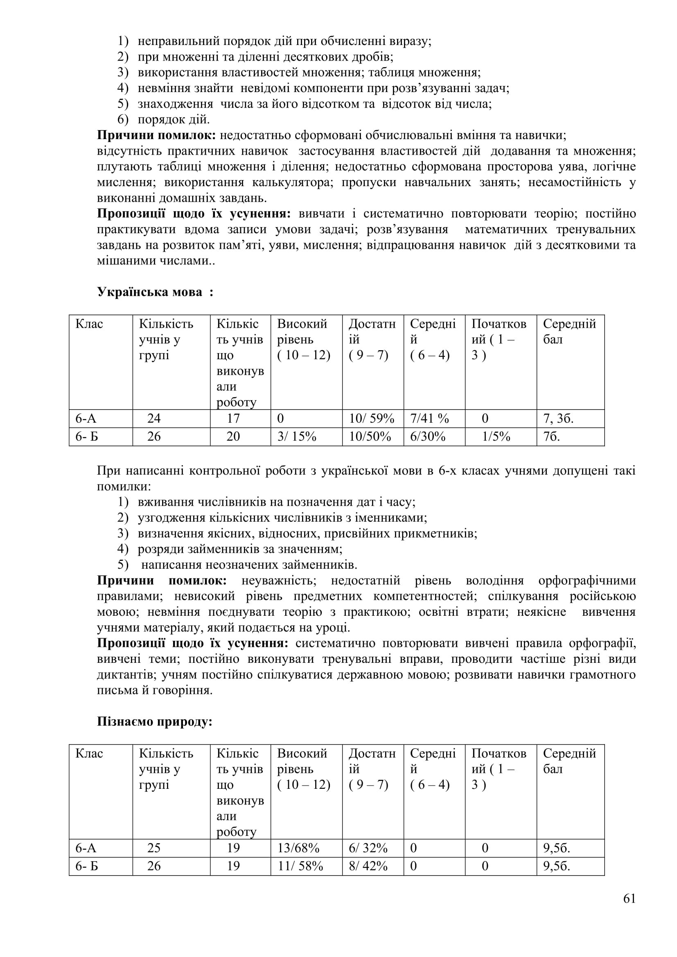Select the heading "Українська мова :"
pos(155,292)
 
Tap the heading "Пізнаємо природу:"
pos(155,721)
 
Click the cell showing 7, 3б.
pos(558,419)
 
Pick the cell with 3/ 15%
pos(297,437)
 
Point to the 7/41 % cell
pos(429,419)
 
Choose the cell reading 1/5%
pos(496,437)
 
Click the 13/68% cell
pos(298,848)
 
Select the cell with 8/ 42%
pos(368,866)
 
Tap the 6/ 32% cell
pos(368,848)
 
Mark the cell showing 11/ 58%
pos(300,866)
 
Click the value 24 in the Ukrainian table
pos(154,419)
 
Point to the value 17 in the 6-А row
pos(233,419)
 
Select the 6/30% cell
pos(428,437)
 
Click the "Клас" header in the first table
pos(89,324)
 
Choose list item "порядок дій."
pos(174,119)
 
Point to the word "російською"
pos(603,597)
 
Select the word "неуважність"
pos(279,581)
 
